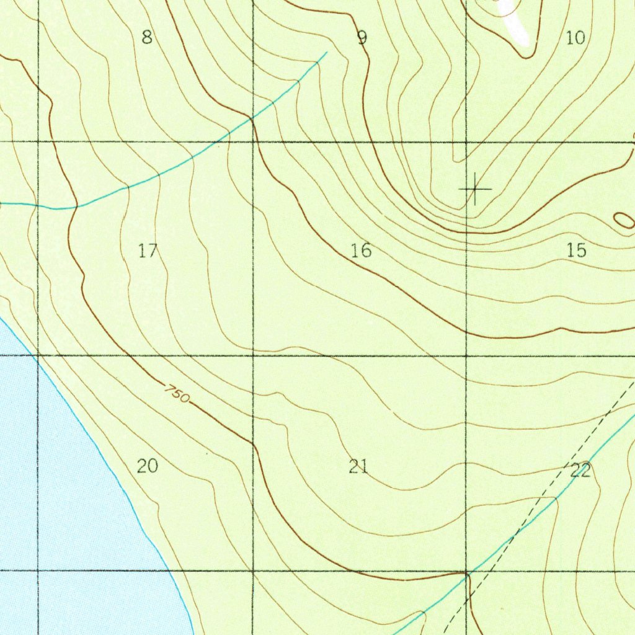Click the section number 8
(x=146, y=38)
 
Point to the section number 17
(x=148, y=251)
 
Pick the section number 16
(x=361, y=251)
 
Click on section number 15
(x=576, y=251)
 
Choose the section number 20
(x=148, y=466)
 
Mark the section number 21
(x=358, y=466)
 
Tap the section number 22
(x=580, y=471)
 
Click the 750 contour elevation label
(x=177, y=393)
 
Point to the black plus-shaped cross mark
(x=475, y=189)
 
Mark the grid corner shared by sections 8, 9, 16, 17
(x=253, y=142)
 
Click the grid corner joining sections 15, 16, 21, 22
(x=466, y=356)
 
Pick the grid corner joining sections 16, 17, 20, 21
(x=253, y=356)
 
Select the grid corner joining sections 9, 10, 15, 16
(x=466, y=142)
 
